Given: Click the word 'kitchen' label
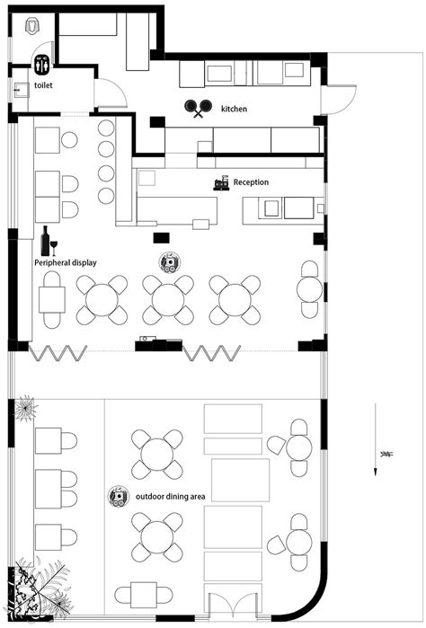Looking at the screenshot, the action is (x=234, y=109).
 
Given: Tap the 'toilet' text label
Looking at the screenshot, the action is (x=43, y=85).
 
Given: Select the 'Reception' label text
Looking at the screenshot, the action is (x=251, y=182).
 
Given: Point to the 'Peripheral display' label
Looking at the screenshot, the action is (x=66, y=262).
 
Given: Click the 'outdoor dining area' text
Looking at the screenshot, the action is (x=171, y=497).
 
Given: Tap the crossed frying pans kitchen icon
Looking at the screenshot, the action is (x=198, y=108).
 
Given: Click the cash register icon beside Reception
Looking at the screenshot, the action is (x=221, y=182).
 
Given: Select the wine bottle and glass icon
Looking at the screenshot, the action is (x=49, y=241).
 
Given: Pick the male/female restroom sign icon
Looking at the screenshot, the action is (x=41, y=65).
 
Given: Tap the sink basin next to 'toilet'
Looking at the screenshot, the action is (x=22, y=90).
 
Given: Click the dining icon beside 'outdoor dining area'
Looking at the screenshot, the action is (x=119, y=496).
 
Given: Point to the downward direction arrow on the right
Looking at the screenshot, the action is (x=375, y=439).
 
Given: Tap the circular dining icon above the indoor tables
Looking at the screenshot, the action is (x=170, y=262).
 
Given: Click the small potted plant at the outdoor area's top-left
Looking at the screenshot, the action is (x=26, y=409).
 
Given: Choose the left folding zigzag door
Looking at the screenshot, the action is (x=58, y=353).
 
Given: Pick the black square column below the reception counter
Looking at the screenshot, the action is (x=162, y=238).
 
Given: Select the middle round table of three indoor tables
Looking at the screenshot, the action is (x=168, y=299).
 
